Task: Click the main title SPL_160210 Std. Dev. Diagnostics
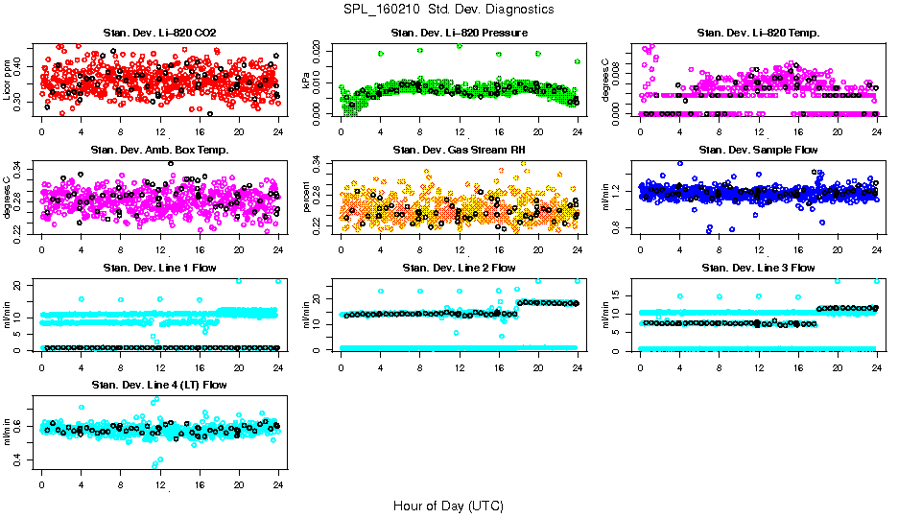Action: (448, 10)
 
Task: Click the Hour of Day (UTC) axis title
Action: (448, 505)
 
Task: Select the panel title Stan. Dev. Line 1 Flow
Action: (159, 268)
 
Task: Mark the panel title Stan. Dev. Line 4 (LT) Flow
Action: (159, 385)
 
